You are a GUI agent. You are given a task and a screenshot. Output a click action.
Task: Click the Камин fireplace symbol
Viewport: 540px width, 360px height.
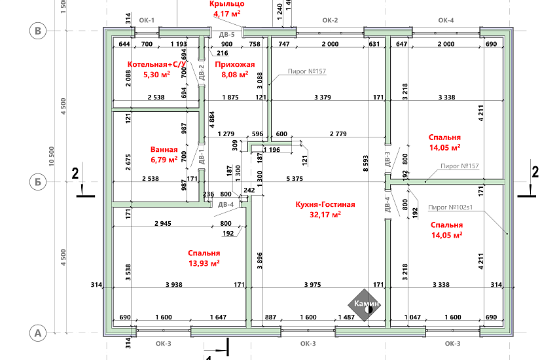pyautogui.click(x=366, y=304)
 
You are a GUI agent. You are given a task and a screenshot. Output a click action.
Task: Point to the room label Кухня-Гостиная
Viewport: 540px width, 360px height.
pyautogui.click(x=325, y=204)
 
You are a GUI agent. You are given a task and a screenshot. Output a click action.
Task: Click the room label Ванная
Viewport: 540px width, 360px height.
pyautogui.click(x=164, y=149)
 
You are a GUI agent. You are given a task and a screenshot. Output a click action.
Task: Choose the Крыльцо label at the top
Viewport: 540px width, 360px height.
pyautogui.click(x=227, y=3)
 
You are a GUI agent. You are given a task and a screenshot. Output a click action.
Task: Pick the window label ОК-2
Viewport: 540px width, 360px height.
pyautogui.click(x=330, y=20)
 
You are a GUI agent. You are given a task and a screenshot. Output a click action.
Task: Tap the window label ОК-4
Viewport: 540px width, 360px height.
pyautogui.click(x=446, y=20)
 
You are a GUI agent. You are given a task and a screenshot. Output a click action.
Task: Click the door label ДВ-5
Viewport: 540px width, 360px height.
pyautogui.click(x=227, y=34)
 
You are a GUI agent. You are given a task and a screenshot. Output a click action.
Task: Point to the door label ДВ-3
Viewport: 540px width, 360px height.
pyautogui.click(x=387, y=159)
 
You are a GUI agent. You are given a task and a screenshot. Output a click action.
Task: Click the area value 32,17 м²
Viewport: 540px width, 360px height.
pyautogui.click(x=325, y=214)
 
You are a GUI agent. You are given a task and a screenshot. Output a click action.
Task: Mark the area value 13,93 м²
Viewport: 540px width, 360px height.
pyautogui.click(x=204, y=263)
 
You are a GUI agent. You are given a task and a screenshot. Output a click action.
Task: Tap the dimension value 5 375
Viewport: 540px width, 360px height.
pyautogui.click(x=295, y=178)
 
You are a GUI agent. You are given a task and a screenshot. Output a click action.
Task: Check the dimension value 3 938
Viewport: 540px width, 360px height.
pyautogui.click(x=173, y=285)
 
